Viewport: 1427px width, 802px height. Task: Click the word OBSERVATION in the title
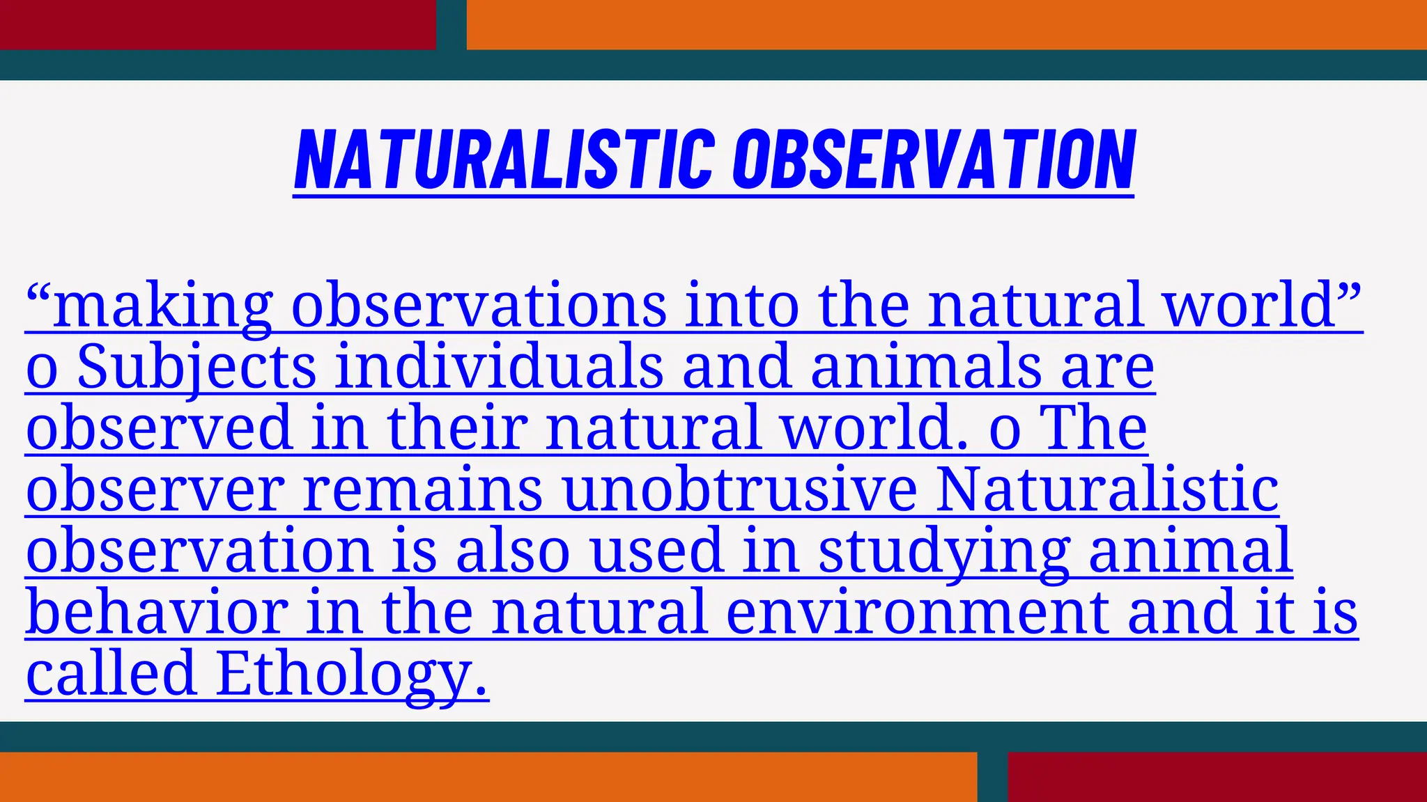[x=934, y=160]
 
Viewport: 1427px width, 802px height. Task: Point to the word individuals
[x=499, y=368]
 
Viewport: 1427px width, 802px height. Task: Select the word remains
[x=422, y=490]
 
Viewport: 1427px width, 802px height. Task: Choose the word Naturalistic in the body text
[x=1108, y=490]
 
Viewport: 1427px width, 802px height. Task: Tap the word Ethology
[x=351, y=674]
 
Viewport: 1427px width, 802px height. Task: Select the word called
[x=111, y=674]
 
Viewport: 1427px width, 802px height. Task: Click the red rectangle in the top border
[x=217, y=24]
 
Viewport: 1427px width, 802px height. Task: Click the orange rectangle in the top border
[x=946, y=24]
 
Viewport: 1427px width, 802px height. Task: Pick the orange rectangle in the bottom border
[x=488, y=777]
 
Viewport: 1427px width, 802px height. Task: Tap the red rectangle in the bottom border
[x=1217, y=777]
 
